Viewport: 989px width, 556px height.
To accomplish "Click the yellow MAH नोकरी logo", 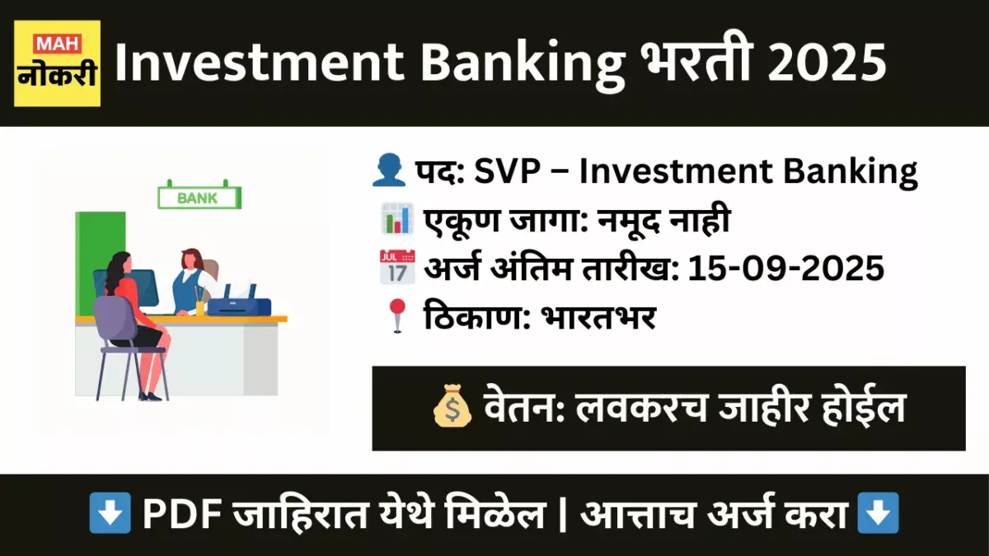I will click(57, 63).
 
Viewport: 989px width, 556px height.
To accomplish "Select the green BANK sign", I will click(199, 198).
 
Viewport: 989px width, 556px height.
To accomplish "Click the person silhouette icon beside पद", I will click(390, 172).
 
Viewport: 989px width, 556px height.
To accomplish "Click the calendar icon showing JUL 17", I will click(396, 268).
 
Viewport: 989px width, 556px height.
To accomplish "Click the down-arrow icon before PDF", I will click(110, 516).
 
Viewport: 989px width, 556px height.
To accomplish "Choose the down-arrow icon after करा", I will click(878, 516).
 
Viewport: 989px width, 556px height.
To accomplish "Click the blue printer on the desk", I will click(239, 303).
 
